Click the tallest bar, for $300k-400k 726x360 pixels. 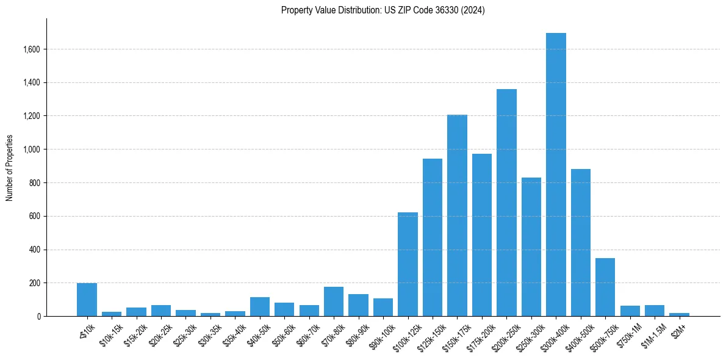coord(556,177)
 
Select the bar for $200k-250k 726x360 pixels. coord(506,204)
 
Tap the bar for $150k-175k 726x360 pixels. coord(457,217)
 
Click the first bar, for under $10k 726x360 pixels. coord(87,300)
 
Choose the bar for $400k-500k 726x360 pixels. coord(581,244)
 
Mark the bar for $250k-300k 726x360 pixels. coord(531,247)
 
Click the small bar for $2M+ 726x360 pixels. coord(679,314)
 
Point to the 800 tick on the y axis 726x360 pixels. coord(35,183)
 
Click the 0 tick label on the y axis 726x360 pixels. coord(38,317)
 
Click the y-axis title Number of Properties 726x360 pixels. coord(9,168)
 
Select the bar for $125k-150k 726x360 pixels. coord(433,238)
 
